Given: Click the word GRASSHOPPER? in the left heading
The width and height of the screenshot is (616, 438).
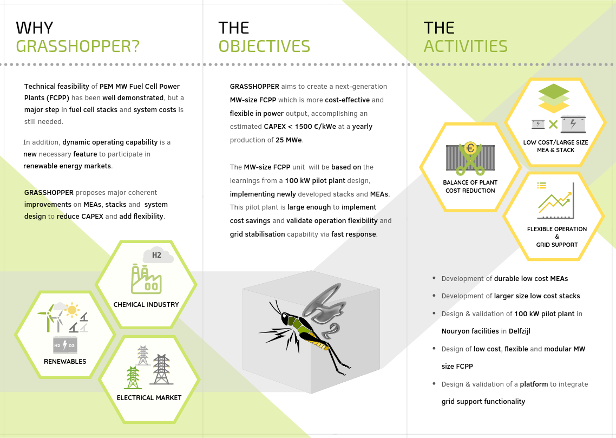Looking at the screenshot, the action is (78, 47).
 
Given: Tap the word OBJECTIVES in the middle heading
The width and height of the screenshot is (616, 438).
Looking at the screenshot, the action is (264, 47).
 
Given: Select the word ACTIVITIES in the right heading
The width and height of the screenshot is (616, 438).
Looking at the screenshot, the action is (466, 47).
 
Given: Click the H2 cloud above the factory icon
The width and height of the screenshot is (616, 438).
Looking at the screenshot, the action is (158, 256).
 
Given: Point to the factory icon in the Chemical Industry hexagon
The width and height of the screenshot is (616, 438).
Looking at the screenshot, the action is (146, 279).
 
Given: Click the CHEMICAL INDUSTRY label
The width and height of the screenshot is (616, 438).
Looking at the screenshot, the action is (146, 304).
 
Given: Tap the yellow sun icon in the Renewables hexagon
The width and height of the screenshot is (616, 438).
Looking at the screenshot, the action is (72, 310).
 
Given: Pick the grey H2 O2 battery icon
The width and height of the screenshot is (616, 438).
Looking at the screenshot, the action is (65, 345).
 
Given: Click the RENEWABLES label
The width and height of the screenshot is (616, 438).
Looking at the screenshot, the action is (65, 362).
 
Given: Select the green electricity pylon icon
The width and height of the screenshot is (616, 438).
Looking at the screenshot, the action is (133, 377).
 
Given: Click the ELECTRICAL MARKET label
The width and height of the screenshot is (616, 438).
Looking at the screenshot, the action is (149, 397).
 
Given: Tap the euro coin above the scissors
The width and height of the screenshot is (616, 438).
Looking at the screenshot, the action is (470, 148).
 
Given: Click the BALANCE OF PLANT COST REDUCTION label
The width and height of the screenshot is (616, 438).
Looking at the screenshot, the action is (470, 187).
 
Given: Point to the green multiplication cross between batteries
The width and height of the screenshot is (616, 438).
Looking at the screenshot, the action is (553, 125).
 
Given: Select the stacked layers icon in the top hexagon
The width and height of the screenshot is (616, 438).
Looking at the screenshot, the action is (554, 98).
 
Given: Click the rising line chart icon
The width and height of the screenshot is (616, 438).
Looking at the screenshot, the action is (555, 200).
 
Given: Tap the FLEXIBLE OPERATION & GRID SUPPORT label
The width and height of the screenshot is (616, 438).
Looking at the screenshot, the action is (557, 237).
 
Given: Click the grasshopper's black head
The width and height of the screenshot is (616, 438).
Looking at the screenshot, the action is (284, 318).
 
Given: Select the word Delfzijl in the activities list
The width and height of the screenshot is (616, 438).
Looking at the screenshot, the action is (519, 331).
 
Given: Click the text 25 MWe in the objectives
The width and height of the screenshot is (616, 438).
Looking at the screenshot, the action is (289, 140).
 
